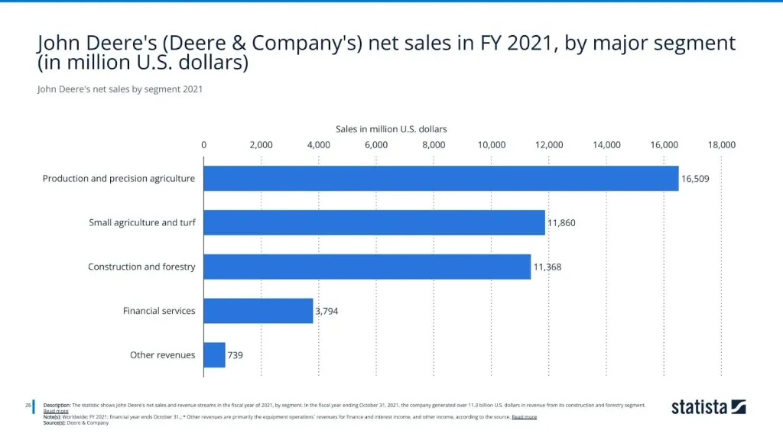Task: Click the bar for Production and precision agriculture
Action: point(440,179)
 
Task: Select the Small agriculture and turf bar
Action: point(374,223)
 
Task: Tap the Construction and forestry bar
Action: point(367,267)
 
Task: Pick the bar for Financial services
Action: point(258,311)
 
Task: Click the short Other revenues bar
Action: point(214,354)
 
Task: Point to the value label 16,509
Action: point(696,179)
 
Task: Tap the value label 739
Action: point(235,354)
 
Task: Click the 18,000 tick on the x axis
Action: point(722,144)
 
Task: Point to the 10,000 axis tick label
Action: point(492,144)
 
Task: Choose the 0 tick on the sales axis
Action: point(203,144)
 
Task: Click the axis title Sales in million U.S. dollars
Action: point(391,129)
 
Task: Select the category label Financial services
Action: point(159,311)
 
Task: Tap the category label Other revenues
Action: point(162,354)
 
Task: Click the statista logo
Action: point(708,406)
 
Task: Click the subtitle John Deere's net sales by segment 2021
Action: point(119,89)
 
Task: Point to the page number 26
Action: point(28,405)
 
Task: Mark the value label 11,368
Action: point(547,267)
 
